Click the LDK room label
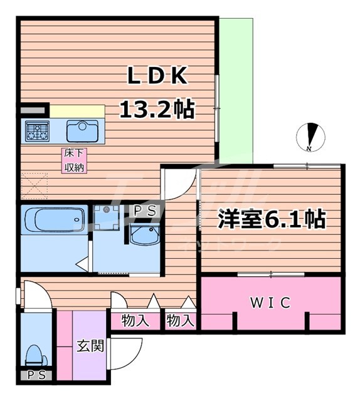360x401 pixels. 157,76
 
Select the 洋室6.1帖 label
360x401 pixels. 271,219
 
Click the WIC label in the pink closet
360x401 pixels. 271,303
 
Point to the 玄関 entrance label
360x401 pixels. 90,346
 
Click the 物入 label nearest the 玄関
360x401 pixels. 135,321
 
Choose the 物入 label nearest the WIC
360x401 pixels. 181,321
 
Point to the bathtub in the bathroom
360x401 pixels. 53,221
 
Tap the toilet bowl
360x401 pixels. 33,356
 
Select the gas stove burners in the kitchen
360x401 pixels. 37,131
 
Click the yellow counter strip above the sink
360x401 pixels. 77,111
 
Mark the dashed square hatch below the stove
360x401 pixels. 35,185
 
